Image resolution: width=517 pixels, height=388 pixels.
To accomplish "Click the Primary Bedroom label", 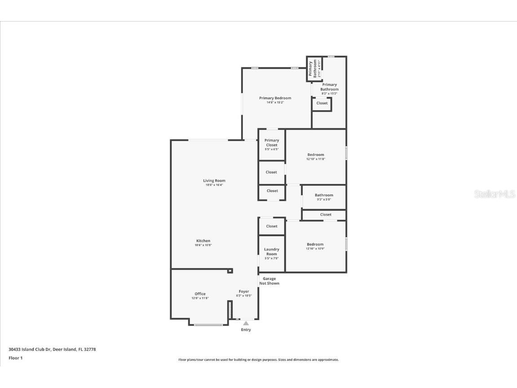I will click(x=275, y=98).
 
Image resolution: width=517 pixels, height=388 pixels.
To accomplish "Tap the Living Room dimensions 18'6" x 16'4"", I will click(x=214, y=185).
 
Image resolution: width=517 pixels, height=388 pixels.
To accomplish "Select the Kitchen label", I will click(x=203, y=241).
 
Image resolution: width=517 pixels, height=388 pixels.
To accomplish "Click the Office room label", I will click(x=200, y=294).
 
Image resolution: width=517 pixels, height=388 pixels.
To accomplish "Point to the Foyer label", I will click(x=244, y=291).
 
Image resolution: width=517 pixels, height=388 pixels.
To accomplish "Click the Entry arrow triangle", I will click(x=246, y=323).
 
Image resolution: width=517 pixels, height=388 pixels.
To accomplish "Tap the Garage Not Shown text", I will click(x=270, y=281).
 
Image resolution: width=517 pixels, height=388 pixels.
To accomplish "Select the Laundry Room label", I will click(x=271, y=251).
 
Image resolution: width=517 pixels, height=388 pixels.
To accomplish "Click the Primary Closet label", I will click(x=271, y=143).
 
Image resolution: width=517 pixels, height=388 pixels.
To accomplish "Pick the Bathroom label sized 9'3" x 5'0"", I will click(x=324, y=195).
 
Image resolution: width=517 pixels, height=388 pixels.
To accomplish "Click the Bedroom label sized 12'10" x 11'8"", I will click(x=315, y=155).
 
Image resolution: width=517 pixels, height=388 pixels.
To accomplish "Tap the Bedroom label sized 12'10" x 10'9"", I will click(x=315, y=244).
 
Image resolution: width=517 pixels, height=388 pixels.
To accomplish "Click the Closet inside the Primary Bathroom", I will click(x=322, y=103).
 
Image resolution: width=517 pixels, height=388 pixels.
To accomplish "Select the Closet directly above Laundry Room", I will click(x=271, y=226).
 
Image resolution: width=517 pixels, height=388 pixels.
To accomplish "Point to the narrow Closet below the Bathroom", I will click(x=326, y=214).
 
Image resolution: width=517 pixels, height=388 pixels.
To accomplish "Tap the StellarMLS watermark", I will click(x=495, y=194).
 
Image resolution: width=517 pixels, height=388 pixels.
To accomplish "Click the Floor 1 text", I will click(x=15, y=358).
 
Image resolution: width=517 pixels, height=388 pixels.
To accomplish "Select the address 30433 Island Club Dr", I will click(x=52, y=349).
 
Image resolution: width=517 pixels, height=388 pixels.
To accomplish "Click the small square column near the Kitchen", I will click(x=230, y=271).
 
